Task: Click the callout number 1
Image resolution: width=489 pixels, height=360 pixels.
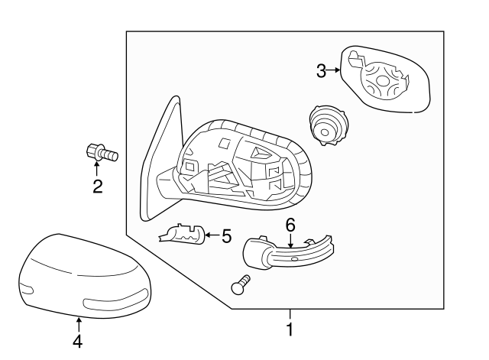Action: click(289, 331)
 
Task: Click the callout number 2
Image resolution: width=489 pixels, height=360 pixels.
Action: click(98, 186)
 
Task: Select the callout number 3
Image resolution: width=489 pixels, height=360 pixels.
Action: click(321, 72)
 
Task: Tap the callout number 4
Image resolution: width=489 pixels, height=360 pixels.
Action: click(78, 342)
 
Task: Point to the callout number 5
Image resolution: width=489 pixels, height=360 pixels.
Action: click(225, 236)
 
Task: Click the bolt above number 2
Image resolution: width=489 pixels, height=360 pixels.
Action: click(102, 153)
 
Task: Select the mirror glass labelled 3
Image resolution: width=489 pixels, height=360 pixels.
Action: click(386, 79)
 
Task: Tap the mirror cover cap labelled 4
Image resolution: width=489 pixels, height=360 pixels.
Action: click(84, 275)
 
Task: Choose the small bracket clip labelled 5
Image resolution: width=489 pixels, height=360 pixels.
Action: click(182, 235)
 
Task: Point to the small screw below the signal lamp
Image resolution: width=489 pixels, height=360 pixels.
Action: click(241, 285)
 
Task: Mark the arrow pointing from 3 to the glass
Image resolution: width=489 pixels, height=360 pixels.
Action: click(334, 72)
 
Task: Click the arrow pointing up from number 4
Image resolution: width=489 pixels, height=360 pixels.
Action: click(78, 324)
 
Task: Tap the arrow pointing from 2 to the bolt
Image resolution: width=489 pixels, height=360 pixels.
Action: click(98, 169)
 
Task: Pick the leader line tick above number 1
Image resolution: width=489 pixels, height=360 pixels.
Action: click(290, 315)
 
